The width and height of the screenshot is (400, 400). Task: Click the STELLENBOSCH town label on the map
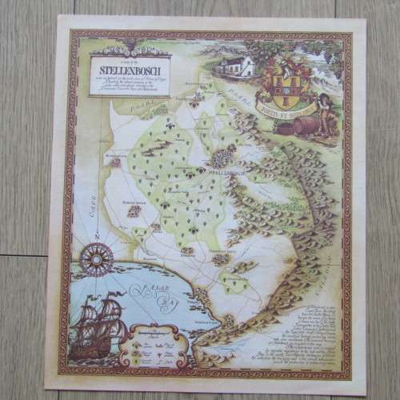tap(226, 170)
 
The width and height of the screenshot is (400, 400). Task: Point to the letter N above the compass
tap(94, 234)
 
